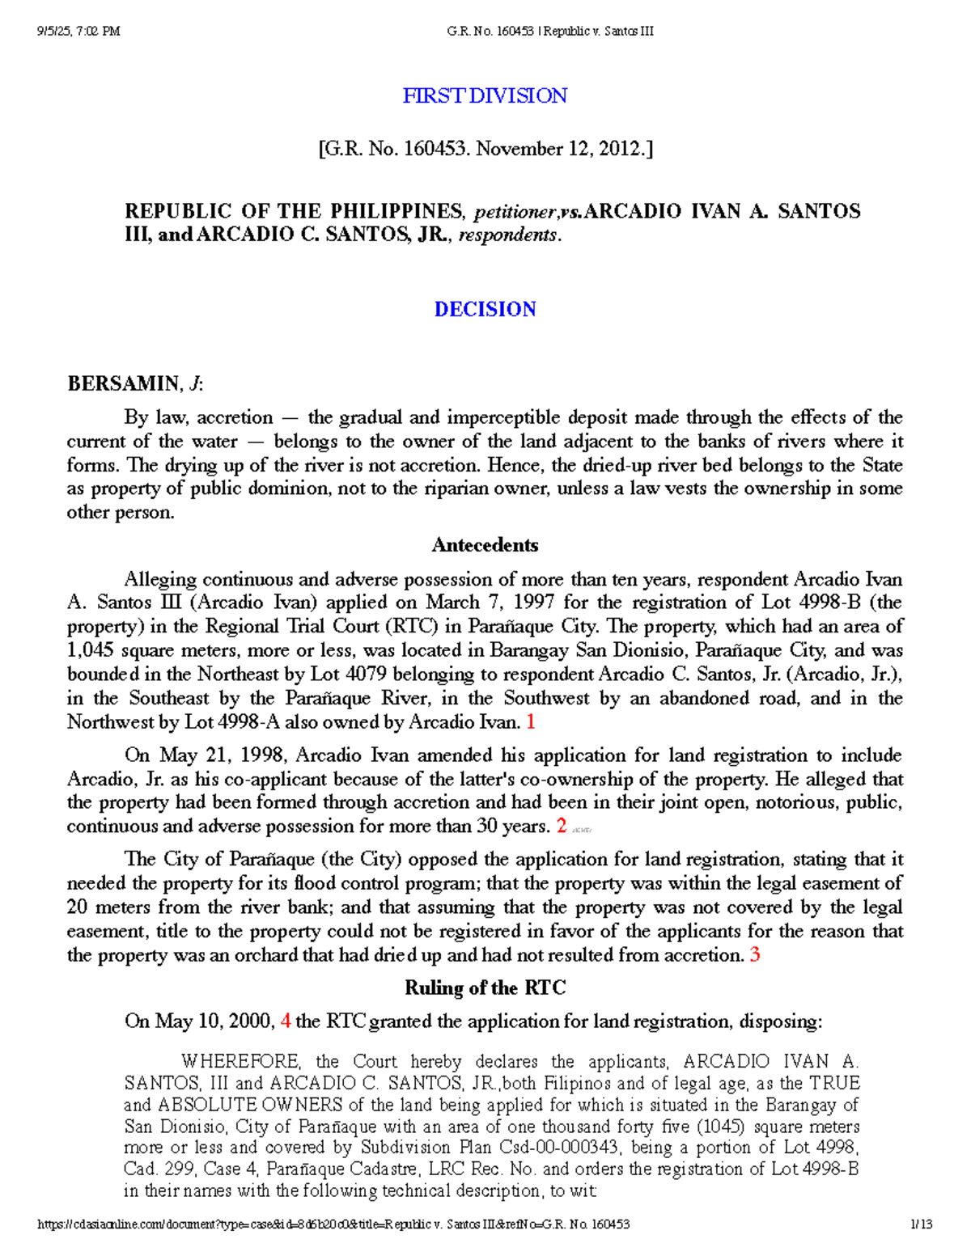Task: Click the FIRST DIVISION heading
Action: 485,95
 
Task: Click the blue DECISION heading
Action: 485,309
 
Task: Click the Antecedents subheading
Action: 485,544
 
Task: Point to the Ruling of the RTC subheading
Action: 485,987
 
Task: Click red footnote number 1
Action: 531,721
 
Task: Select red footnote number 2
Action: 562,826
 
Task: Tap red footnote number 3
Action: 754,955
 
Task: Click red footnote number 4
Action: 285,1021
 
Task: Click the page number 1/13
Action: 921,1224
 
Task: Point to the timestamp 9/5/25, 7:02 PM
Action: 78,32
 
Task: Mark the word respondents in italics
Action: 507,235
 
